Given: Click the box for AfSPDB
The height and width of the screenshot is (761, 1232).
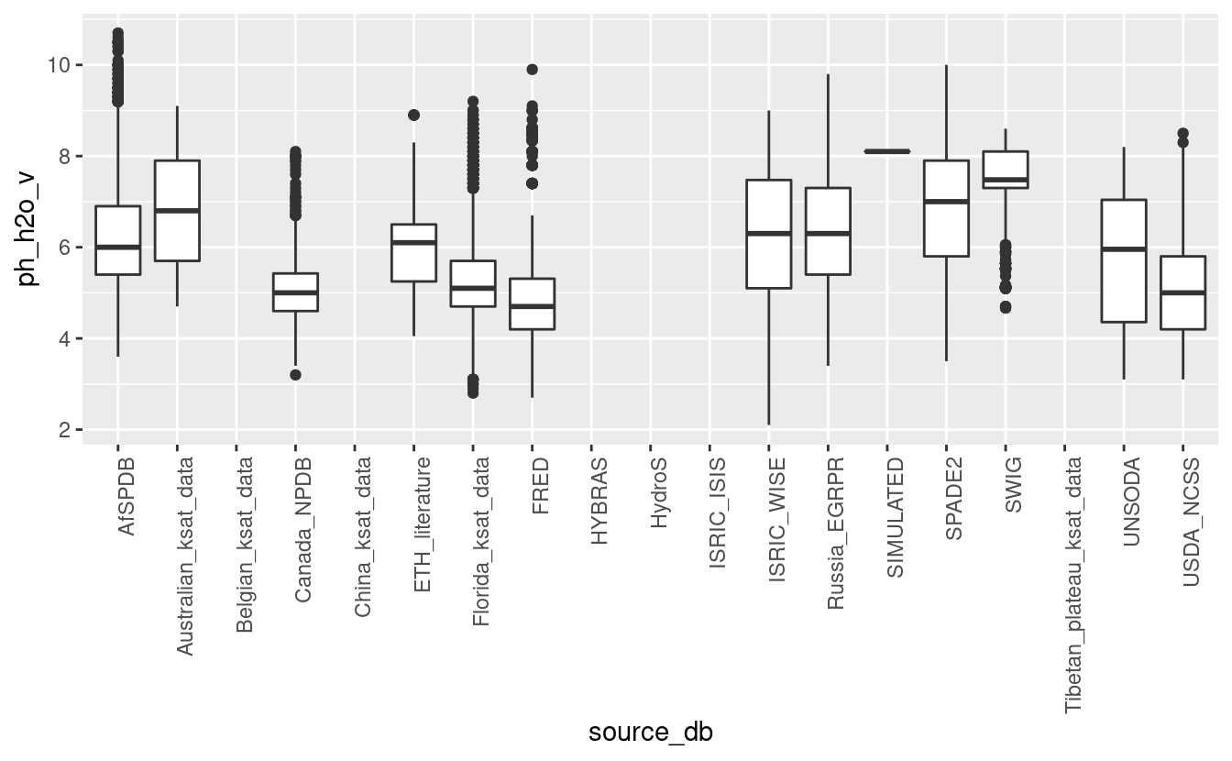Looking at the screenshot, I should (x=117, y=240).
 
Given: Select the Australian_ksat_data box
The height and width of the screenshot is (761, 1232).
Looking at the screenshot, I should (x=177, y=211).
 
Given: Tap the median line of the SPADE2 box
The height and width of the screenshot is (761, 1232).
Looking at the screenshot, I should (x=946, y=202).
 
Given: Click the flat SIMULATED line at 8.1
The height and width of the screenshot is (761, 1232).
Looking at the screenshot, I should (x=886, y=151).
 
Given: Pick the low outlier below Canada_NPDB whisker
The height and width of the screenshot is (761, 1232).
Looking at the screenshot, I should (x=295, y=374).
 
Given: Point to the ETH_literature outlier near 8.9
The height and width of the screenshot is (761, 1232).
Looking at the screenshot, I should (x=413, y=115).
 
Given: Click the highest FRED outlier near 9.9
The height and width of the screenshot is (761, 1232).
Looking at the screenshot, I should (x=532, y=69).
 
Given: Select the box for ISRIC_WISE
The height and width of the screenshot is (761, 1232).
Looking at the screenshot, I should (x=768, y=234).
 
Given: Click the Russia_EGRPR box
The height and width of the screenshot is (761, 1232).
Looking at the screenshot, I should (x=828, y=231).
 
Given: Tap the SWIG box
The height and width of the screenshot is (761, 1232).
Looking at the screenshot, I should (x=1005, y=170).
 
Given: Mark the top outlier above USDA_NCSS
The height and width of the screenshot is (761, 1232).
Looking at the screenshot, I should (x=1182, y=133).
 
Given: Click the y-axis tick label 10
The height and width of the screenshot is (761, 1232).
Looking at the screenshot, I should (x=60, y=65).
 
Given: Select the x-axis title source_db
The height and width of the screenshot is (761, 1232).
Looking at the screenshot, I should (x=650, y=732).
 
